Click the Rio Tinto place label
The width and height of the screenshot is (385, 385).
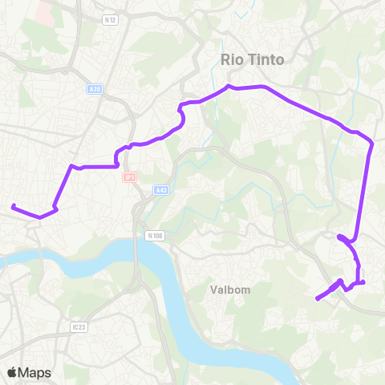[253, 59]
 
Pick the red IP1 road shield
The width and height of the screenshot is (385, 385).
[128, 176]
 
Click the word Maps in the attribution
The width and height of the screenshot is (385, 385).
[34, 372]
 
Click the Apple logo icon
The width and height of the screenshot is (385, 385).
[12, 372]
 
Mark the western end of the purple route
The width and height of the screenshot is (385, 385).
[13, 206]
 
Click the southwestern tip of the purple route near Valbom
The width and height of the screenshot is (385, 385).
[318, 299]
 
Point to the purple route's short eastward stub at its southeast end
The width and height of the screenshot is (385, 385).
[362, 282]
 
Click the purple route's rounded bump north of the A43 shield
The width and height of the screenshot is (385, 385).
[183, 118]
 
